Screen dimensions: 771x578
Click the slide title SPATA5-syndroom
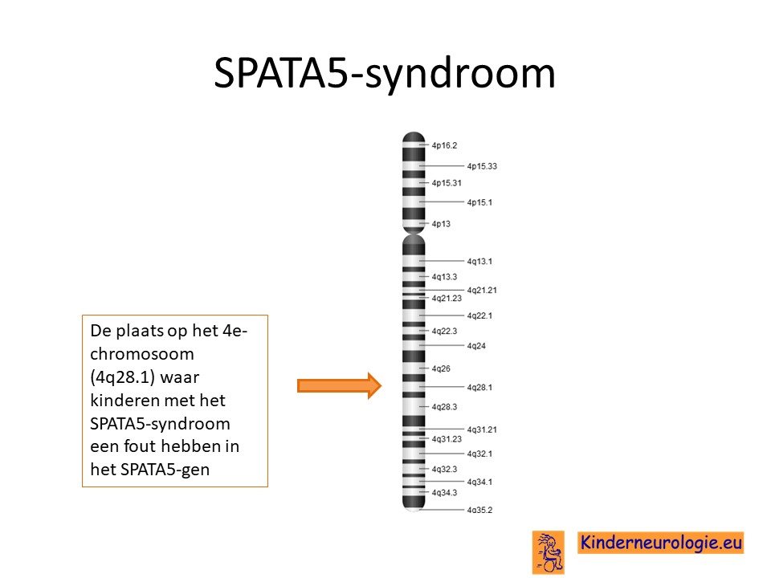pyautogui.click(x=385, y=73)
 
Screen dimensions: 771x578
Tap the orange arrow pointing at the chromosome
pyautogui.click(x=339, y=386)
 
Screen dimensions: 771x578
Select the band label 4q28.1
pyautogui.click(x=479, y=387)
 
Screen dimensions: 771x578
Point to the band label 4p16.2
pyautogui.click(x=444, y=145)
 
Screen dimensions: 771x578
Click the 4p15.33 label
pyautogui.click(x=482, y=166)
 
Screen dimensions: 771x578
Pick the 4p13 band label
pyautogui.click(x=441, y=224)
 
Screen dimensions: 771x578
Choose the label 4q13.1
pyautogui.click(x=479, y=261)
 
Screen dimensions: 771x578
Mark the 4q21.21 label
pyautogui.click(x=482, y=290)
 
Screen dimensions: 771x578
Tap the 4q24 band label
pyautogui.click(x=476, y=346)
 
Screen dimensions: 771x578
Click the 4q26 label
pyautogui.click(x=441, y=368)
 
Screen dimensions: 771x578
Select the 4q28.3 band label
pyautogui.click(x=444, y=407)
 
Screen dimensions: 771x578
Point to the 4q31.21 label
pyautogui.click(x=482, y=429)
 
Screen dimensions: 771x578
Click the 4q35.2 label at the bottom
pyautogui.click(x=479, y=510)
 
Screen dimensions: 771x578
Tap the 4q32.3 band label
pyautogui.click(x=444, y=470)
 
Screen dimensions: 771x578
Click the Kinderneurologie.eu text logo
pyautogui.click(x=660, y=543)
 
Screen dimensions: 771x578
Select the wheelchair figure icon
pyautogui.click(x=549, y=552)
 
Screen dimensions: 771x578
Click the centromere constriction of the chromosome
pyautogui.click(x=414, y=233)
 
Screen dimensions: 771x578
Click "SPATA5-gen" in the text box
pyautogui.click(x=165, y=470)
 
